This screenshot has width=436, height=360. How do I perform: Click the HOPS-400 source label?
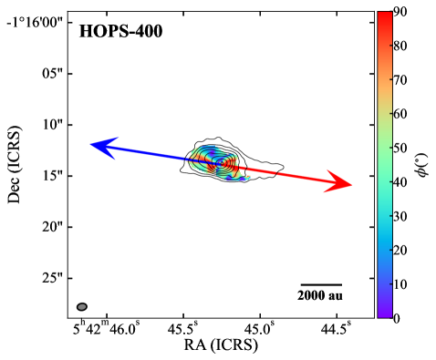(x=120, y=31)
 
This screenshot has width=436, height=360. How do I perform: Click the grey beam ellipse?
(x=82, y=307)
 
